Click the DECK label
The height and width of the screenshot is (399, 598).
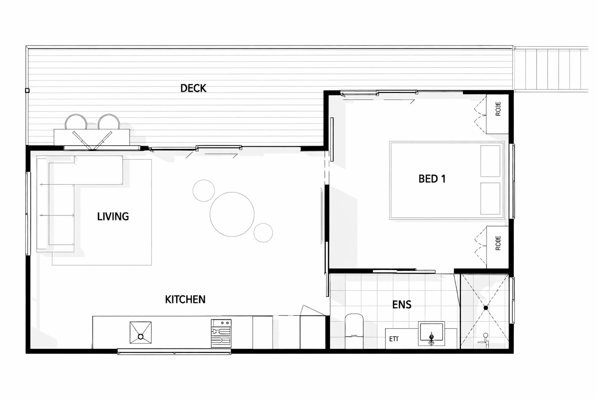(193, 88)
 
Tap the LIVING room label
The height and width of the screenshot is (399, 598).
(113, 216)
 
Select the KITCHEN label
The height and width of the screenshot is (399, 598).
(185, 300)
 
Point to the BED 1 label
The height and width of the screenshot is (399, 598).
(432, 179)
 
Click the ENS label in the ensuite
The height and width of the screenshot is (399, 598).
(402, 304)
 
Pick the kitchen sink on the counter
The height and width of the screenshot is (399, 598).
(141, 332)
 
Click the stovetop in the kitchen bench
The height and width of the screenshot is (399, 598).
(221, 333)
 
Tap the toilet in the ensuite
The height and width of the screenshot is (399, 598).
(354, 331)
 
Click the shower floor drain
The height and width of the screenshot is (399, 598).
(486, 308)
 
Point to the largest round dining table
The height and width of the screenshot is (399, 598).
(232, 214)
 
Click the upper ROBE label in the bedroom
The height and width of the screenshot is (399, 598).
(498, 109)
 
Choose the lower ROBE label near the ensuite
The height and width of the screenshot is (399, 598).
(498, 243)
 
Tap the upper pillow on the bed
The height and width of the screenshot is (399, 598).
(490, 161)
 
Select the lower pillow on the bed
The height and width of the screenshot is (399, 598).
(490, 198)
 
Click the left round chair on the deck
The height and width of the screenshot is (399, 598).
(76, 122)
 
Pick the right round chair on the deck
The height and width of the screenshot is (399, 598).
(108, 122)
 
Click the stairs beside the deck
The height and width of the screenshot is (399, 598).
(551, 69)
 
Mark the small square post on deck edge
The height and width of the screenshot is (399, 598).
(27, 91)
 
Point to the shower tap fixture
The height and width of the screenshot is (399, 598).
(484, 340)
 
